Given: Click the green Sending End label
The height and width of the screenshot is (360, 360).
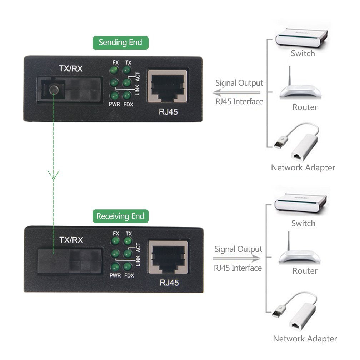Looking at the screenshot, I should [x=120, y=42].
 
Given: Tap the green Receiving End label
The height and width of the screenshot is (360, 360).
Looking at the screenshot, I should [x=120, y=216].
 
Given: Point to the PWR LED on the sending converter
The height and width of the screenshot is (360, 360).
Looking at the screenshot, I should [x=114, y=96].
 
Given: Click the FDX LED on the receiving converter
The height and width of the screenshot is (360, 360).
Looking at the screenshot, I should [x=127, y=266].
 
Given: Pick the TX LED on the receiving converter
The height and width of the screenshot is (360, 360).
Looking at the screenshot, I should [x=127, y=241].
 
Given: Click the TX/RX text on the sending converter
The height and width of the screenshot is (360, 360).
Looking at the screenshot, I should [x=70, y=69].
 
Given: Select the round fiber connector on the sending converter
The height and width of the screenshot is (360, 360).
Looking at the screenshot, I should [x=54, y=90].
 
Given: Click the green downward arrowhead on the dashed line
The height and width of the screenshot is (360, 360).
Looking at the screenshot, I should [x=54, y=175].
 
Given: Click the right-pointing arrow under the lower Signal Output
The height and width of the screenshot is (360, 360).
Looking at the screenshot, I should [x=237, y=258].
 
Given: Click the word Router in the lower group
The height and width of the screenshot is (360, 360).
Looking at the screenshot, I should [x=305, y=271].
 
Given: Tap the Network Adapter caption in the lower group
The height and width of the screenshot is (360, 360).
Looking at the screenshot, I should [x=305, y=338].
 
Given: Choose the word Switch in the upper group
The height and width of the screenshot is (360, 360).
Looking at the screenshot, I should [x=302, y=54].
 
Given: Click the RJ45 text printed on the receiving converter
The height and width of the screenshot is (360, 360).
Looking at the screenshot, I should [x=169, y=283].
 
